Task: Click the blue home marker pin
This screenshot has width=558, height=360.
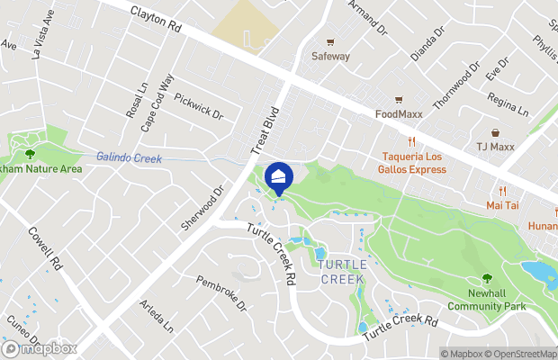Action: click(x=280, y=176)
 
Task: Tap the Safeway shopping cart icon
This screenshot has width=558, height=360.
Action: click(x=330, y=41)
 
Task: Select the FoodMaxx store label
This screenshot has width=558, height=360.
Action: click(x=400, y=114)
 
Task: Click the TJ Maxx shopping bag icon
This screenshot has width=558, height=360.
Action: click(x=493, y=131)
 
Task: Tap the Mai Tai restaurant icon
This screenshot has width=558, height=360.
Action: click(x=504, y=191)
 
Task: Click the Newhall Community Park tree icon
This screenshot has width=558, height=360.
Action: click(x=487, y=279)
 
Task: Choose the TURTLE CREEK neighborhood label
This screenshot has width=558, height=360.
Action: click(x=342, y=272)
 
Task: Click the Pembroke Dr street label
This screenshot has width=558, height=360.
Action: click(x=221, y=293)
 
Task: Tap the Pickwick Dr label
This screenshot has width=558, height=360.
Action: click(x=198, y=106)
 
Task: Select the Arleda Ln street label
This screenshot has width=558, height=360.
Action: click(x=155, y=318)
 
